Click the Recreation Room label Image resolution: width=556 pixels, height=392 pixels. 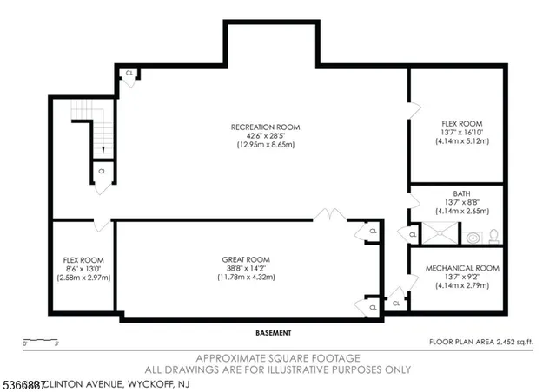265,127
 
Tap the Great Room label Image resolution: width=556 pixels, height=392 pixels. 246,259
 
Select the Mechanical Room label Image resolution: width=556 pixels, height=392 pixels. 456,269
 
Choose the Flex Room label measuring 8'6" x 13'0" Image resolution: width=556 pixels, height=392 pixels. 83,259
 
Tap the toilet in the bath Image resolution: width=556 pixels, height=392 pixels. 492,235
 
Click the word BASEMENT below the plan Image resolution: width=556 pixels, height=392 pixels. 274,333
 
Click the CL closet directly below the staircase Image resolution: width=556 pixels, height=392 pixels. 102,172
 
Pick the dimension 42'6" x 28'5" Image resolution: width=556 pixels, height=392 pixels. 265,136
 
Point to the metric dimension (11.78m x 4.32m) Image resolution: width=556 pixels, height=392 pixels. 246,277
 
